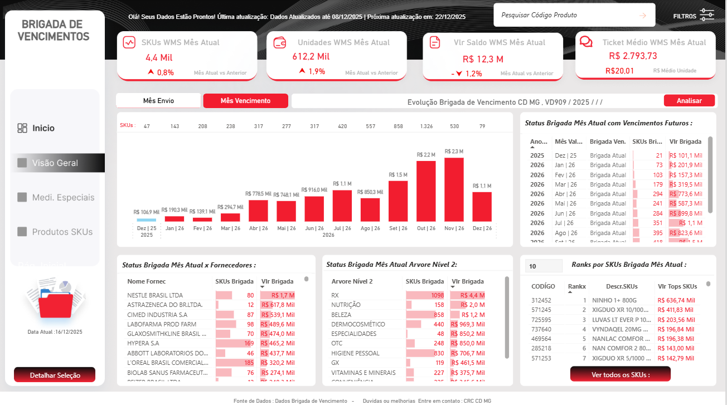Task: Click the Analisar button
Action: pos(689,101)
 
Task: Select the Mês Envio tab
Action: pos(158,101)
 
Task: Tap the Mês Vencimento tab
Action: pos(245,101)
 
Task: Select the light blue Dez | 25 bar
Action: pos(147,219)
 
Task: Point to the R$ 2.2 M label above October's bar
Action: pos(426,154)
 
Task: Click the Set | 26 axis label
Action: pos(398,228)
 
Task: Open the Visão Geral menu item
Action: pos(55,163)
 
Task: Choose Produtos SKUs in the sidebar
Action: pos(62,232)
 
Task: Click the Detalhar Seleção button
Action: pos(55,375)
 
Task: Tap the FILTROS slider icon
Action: pos(706,15)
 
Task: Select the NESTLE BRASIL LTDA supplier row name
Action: pos(155,295)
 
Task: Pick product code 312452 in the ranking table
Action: pos(541,300)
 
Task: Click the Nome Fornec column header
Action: pos(146,281)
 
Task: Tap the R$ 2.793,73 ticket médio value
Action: pos(633,56)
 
